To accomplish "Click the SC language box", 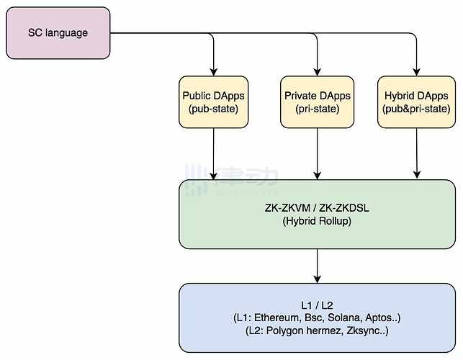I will tap(58, 33).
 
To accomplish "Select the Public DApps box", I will tap(214, 102).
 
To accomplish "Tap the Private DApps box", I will tap(317, 102).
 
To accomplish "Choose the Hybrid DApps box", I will tap(417, 102).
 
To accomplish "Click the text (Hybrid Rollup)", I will tap(317, 222).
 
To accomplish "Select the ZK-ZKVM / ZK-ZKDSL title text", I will tap(317, 209).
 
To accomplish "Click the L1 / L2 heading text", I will tap(317, 304).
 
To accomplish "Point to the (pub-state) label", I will tap(214, 109).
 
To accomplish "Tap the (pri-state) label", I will tap(317, 109).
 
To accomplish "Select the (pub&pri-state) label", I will tap(417, 109).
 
